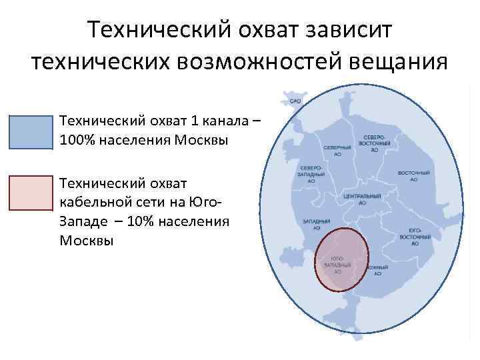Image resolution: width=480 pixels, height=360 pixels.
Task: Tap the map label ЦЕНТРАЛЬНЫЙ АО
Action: pyautogui.click(x=362, y=199)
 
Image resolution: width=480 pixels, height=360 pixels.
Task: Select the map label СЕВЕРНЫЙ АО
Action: pyautogui.click(x=337, y=149)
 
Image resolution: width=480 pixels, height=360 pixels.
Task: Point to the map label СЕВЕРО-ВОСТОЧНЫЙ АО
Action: pyautogui.click(x=375, y=143)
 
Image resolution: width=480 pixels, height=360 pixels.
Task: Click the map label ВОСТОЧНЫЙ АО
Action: pyautogui.click(x=413, y=175)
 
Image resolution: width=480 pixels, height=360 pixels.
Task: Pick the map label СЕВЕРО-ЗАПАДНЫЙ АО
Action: pyautogui.click(x=312, y=174)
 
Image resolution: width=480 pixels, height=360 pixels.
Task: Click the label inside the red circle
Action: pyautogui.click(x=337, y=265)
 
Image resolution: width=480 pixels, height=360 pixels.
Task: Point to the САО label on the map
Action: pyautogui.click(x=295, y=101)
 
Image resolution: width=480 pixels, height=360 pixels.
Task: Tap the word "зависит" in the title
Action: pyautogui.click(x=347, y=30)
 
